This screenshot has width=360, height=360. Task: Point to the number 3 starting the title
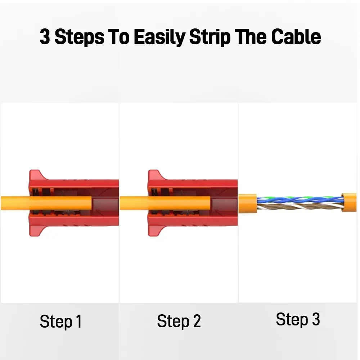(45, 37)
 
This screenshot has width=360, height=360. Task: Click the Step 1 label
(60, 321)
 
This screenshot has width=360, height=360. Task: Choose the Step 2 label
(179, 321)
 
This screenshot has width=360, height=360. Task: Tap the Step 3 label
(298, 319)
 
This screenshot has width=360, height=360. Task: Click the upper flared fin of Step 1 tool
(36, 175)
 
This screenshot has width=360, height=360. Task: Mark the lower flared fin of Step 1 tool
(36, 230)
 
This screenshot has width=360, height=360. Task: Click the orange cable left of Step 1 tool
(14, 203)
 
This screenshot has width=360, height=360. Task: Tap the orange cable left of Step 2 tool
(133, 203)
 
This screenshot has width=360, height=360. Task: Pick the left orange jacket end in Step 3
(248, 204)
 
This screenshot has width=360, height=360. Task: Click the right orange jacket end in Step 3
(349, 202)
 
